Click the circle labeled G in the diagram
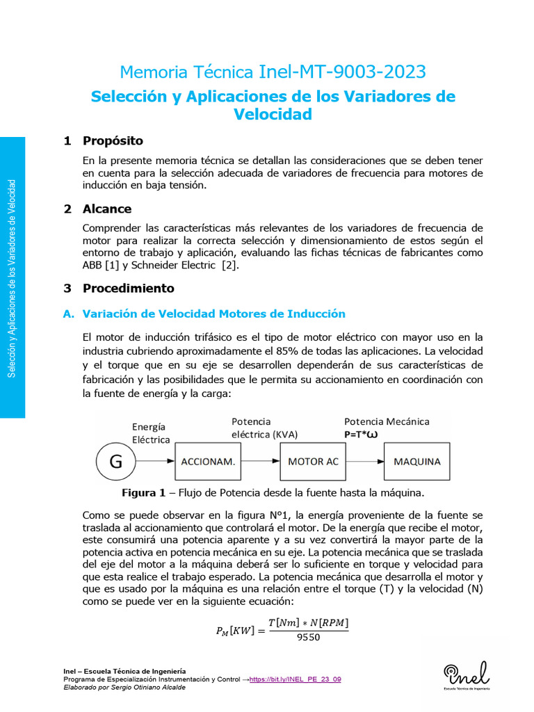click(115, 460)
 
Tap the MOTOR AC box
click(313, 461)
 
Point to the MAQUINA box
click(417, 461)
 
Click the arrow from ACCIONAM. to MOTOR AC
click(256, 461)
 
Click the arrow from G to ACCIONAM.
click(155, 461)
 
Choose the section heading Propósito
click(113, 140)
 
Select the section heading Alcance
click(107, 209)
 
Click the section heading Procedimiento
click(128, 288)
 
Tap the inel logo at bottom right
click(466, 673)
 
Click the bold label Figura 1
click(143, 492)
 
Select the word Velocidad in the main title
click(273, 114)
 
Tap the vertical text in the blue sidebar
click(11, 278)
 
